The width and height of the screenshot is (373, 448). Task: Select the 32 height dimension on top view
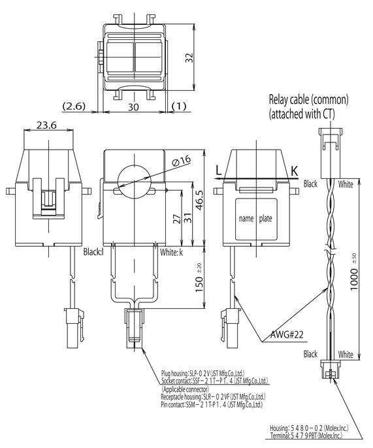tap(189, 58)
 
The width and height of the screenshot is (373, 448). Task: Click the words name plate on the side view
tap(255, 219)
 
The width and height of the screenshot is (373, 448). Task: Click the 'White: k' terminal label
tap(171, 251)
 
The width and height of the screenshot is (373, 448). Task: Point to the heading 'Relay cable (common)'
tap(309, 100)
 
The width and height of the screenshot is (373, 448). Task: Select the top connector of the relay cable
tap(328, 141)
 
